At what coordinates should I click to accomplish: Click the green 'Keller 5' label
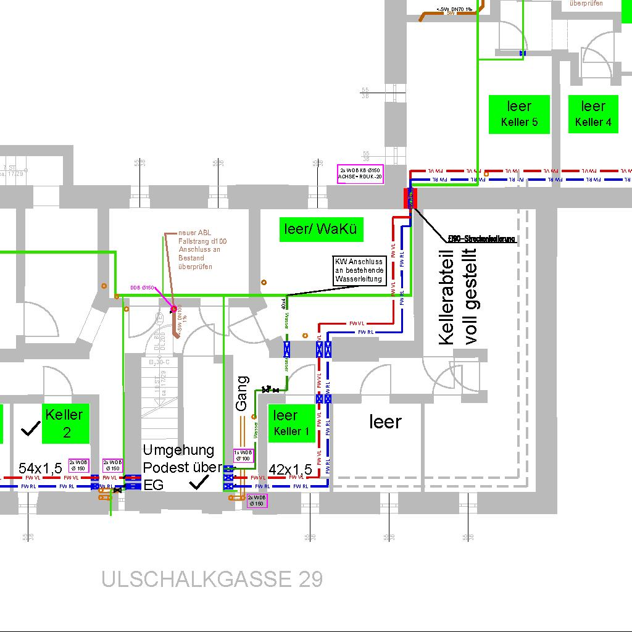pyautogui.click(x=519, y=114)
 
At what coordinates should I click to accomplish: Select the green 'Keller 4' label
pyautogui.click(x=592, y=114)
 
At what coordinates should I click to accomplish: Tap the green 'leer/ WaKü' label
pyautogui.click(x=321, y=230)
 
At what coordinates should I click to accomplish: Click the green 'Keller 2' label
pyautogui.click(x=67, y=423)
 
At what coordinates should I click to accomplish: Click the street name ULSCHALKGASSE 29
pyautogui.click(x=212, y=579)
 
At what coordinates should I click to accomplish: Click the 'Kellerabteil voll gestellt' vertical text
pyautogui.click(x=457, y=296)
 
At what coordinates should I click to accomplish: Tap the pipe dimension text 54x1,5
pyautogui.click(x=40, y=468)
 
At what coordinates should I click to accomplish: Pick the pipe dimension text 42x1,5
pyautogui.click(x=291, y=470)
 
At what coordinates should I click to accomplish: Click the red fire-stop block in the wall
pyautogui.click(x=410, y=198)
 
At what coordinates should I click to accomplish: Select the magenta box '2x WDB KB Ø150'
pyautogui.click(x=361, y=173)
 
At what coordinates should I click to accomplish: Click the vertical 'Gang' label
pyautogui.click(x=242, y=393)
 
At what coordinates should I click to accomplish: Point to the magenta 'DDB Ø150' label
pyautogui.click(x=142, y=287)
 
